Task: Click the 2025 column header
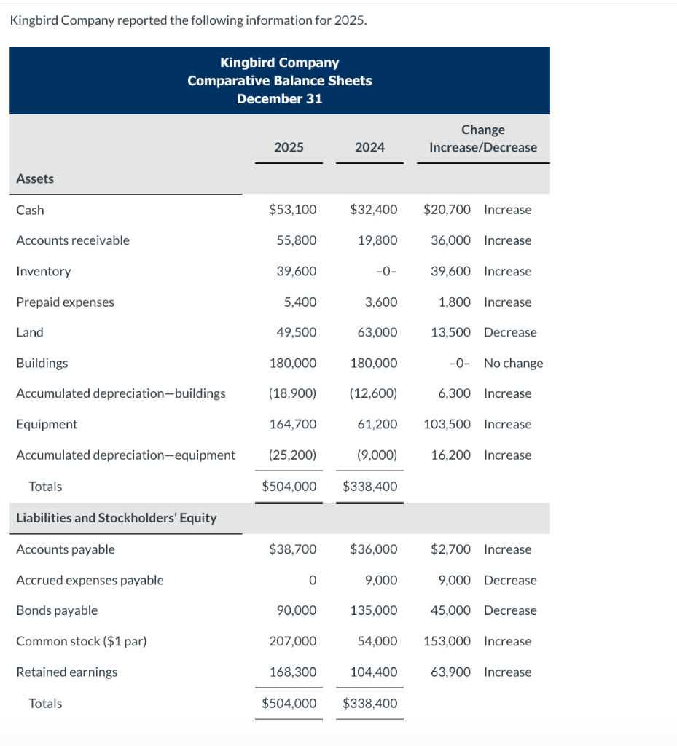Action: pos(289,147)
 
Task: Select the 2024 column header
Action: pos(369,147)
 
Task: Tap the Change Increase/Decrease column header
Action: pos(482,138)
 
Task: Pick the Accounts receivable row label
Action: pos(73,240)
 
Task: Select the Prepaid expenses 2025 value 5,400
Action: pos(300,302)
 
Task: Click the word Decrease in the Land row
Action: pos(510,332)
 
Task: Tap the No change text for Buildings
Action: pos(513,363)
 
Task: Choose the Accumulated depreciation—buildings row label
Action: pos(121,393)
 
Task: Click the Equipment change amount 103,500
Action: pos(447,424)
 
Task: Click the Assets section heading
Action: pos(35,178)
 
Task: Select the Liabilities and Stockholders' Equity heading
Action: pos(117,518)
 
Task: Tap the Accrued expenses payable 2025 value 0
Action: pos(312,580)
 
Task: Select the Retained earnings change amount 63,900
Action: pos(450,672)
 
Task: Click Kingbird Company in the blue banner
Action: pos(279,63)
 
